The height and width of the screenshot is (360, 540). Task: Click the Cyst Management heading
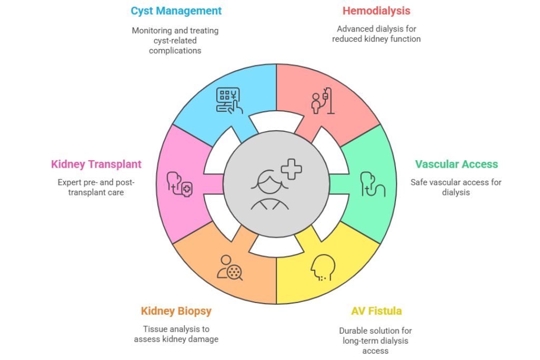(x=176, y=11)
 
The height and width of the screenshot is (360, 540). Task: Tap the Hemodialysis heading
(x=376, y=11)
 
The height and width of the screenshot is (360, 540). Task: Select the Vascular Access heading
(x=456, y=164)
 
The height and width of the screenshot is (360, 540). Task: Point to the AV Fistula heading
(x=376, y=311)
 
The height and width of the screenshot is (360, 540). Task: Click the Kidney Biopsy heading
(x=176, y=311)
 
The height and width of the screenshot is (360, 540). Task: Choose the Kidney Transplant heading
(x=96, y=164)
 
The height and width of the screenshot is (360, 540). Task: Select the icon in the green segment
(x=372, y=184)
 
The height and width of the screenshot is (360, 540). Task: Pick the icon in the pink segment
(x=179, y=184)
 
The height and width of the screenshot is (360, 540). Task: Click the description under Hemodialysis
(x=376, y=34)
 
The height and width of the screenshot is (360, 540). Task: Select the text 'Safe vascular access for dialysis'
(x=456, y=187)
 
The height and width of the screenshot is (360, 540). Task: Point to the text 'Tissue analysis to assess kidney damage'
(x=176, y=334)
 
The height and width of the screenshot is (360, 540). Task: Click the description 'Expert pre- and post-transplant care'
(x=96, y=187)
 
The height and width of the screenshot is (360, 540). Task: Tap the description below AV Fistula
(x=376, y=340)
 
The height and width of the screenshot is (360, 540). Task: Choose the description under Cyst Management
(x=175, y=41)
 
